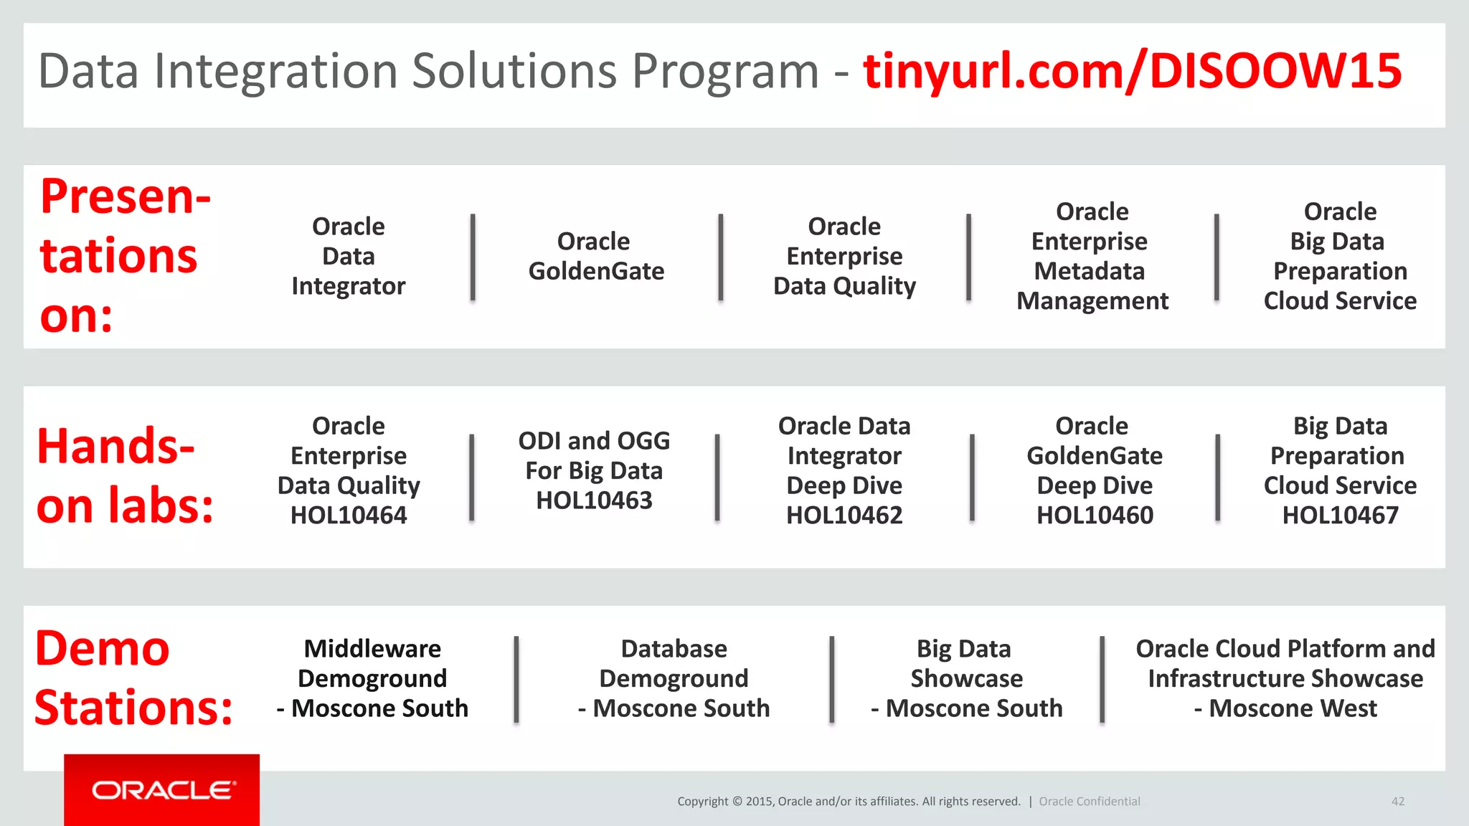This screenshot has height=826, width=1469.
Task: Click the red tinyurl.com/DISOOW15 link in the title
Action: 1132,72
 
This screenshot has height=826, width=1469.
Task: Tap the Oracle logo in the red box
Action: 162,790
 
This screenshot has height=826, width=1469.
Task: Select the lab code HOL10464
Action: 349,516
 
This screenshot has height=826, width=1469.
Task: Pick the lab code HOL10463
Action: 594,500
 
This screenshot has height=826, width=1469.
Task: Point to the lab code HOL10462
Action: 844,516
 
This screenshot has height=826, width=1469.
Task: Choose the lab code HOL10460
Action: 1095,516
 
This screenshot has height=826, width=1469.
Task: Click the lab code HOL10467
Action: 1340,516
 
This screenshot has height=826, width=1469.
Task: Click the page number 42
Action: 1397,802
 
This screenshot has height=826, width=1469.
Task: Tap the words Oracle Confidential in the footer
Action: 1089,802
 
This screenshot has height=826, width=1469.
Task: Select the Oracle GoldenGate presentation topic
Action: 595,257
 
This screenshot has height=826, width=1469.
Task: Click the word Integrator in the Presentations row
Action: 349,286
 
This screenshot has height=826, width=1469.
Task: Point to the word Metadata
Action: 1090,271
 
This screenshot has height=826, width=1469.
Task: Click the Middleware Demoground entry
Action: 372,664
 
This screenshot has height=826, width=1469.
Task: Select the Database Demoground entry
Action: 674,664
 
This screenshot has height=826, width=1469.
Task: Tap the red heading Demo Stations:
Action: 133,678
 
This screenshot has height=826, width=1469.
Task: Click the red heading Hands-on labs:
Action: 125,476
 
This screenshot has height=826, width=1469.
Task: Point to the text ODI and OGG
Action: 594,441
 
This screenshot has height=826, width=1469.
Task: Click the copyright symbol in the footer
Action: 737,802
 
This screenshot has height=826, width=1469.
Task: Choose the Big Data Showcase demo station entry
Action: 965,664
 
